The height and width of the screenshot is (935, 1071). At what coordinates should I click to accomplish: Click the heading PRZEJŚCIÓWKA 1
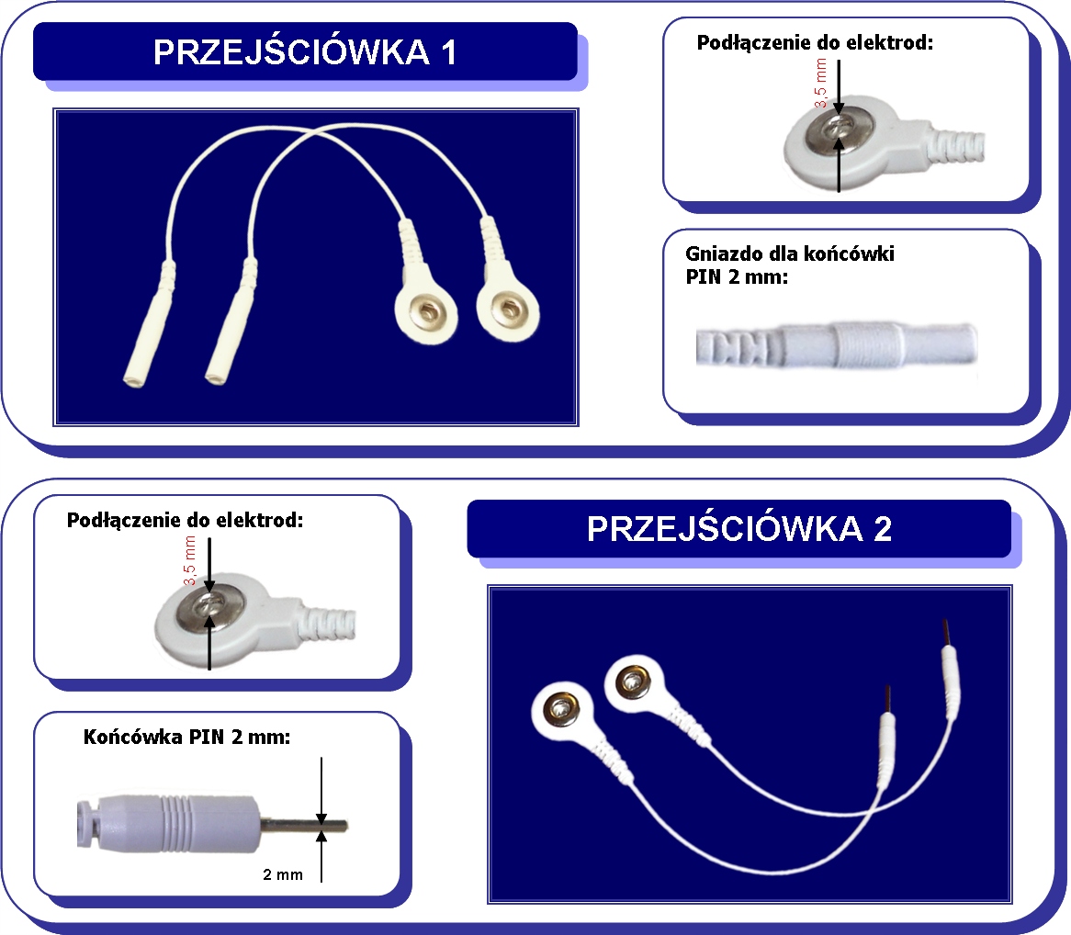pyautogui.click(x=305, y=52)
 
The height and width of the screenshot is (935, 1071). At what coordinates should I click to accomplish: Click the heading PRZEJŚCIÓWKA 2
pyautogui.click(x=739, y=529)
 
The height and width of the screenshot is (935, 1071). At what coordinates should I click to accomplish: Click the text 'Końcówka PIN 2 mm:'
pyautogui.click(x=186, y=737)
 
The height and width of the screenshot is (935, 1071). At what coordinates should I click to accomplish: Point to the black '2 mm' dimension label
pyautogui.click(x=282, y=874)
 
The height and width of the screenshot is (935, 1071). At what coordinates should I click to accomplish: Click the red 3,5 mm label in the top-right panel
pyautogui.click(x=821, y=84)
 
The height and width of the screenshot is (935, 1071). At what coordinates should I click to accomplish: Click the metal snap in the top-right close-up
pyautogui.click(x=837, y=130)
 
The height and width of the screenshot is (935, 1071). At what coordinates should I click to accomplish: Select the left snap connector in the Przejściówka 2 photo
pyautogui.click(x=559, y=709)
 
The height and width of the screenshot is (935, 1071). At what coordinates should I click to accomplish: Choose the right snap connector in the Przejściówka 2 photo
pyautogui.click(x=633, y=682)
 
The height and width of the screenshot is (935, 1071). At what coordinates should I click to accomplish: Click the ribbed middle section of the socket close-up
pyautogui.click(x=863, y=344)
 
